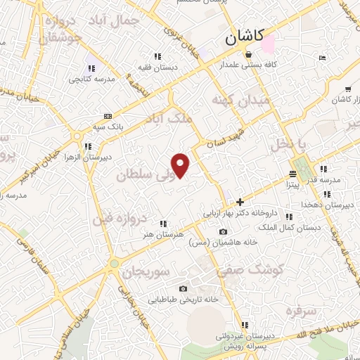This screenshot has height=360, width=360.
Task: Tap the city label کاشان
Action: click(x=245, y=37)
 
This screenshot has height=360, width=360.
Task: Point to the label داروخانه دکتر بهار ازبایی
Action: click(x=241, y=211)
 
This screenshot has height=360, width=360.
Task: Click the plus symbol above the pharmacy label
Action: click(x=240, y=201)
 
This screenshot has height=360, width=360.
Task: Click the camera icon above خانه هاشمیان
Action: click(x=223, y=232)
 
